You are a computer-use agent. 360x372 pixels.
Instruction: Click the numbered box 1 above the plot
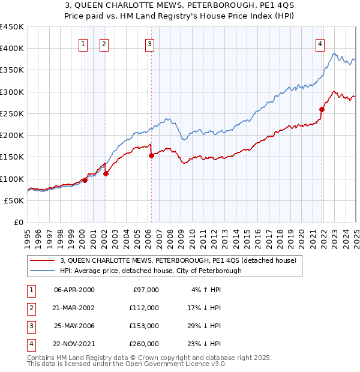click(x=82, y=43)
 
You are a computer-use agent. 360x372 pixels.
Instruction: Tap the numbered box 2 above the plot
click(x=104, y=43)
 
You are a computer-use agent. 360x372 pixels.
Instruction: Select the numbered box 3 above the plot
click(x=149, y=43)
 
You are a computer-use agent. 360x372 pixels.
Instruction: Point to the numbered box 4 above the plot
click(x=320, y=43)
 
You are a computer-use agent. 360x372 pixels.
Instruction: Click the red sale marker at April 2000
click(x=85, y=180)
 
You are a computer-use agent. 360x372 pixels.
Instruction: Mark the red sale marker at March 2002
click(x=106, y=173)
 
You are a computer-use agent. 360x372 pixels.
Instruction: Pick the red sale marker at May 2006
click(x=152, y=155)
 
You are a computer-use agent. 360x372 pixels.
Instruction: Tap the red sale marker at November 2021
click(x=322, y=109)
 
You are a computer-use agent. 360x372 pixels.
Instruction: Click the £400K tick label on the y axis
click(x=12, y=49)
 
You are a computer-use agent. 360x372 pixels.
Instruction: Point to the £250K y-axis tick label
click(x=12, y=113)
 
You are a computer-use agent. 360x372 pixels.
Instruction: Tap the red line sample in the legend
click(x=43, y=261)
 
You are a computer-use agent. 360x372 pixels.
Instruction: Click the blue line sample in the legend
click(x=43, y=271)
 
